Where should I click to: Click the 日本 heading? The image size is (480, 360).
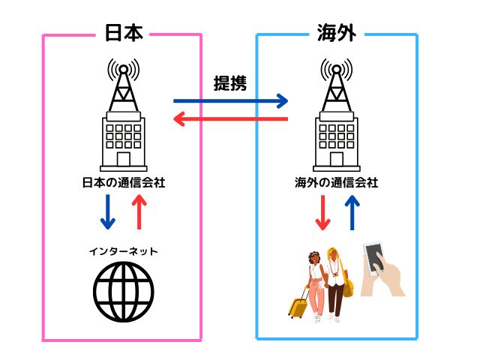(x=124, y=33)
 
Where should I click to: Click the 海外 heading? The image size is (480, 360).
(x=337, y=32)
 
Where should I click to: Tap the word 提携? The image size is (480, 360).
(x=230, y=83)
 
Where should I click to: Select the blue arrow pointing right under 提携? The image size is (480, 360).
(x=230, y=100)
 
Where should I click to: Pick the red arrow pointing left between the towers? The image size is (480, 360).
(x=230, y=118)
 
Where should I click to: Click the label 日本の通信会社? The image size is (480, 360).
(x=124, y=183)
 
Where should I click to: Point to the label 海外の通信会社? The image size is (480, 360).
(x=337, y=183)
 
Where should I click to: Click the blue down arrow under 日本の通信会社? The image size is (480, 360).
(x=108, y=211)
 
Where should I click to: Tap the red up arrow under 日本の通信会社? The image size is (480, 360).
(x=139, y=211)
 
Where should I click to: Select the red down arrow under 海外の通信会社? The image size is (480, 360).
(x=322, y=213)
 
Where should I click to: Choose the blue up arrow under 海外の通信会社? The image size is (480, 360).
(x=352, y=213)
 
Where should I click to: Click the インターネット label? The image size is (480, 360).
(x=123, y=252)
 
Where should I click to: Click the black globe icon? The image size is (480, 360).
(x=124, y=292)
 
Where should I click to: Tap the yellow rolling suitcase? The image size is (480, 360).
(x=298, y=304)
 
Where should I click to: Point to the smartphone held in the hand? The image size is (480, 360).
(x=373, y=259)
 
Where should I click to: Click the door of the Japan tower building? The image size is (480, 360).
(x=123, y=159)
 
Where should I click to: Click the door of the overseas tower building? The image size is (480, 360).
(x=337, y=159)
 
